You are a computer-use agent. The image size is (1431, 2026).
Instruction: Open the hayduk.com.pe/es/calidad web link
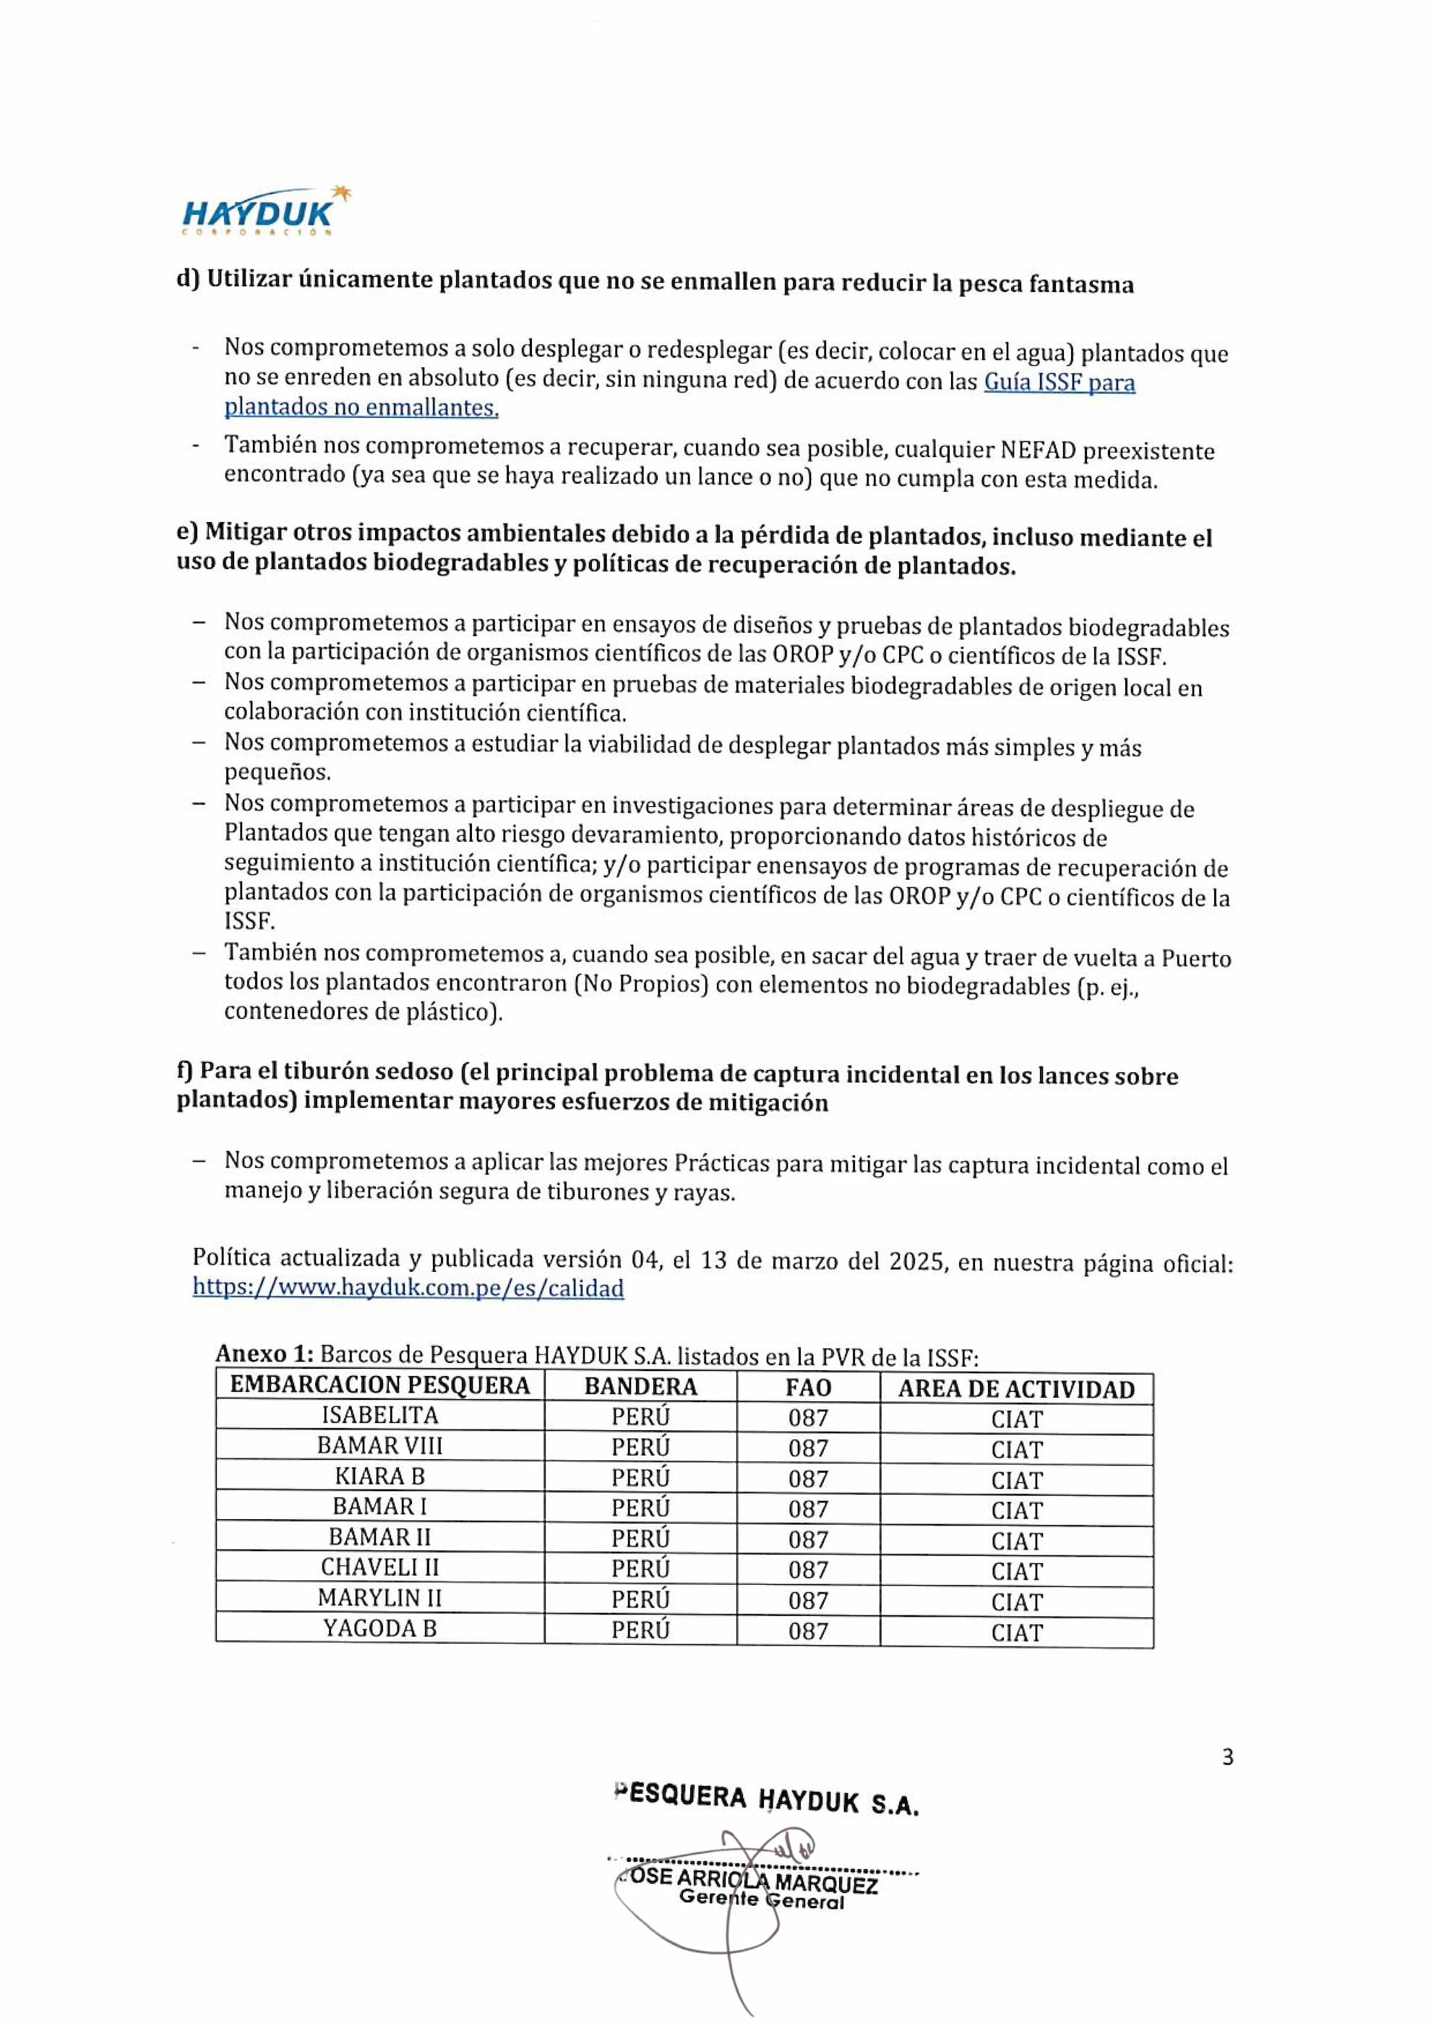click(x=408, y=1288)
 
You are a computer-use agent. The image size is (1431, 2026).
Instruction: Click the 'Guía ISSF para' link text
click(x=1059, y=383)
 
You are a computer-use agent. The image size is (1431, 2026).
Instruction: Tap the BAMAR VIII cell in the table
click(x=379, y=1446)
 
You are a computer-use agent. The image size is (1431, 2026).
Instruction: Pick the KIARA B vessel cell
click(x=379, y=1476)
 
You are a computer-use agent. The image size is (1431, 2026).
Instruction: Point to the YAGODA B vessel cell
click(x=379, y=1628)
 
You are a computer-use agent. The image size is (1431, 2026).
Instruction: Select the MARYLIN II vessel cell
click(x=379, y=1598)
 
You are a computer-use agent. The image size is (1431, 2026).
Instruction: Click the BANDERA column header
click(x=640, y=1386)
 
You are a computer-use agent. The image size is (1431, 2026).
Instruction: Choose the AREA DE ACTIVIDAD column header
click(x=1016, y=1390)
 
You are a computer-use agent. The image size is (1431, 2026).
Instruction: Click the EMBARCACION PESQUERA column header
click(x=379, y=1385)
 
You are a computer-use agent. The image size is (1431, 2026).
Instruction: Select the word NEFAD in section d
click(x=1038, y=451)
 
